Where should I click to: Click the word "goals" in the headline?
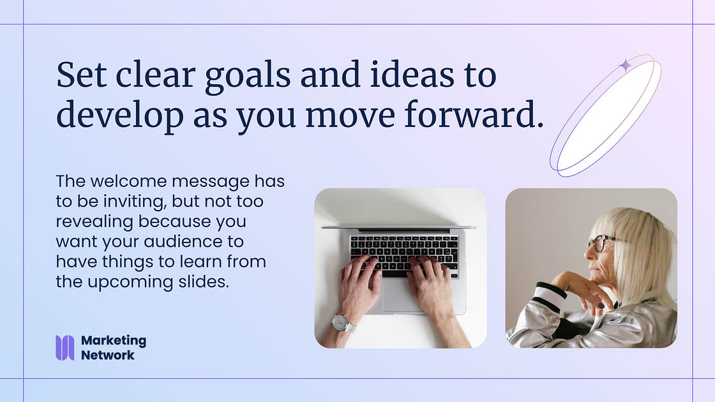[x=248, y=76]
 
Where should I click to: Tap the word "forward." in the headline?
[x=474, y=114]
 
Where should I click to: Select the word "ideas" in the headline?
[x=412, y=74]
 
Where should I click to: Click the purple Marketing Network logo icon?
[x=64, y=348]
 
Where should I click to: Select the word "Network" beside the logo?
[x=108, y=355]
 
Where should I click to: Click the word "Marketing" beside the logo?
[x=114, y=341]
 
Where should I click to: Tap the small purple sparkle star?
[x=625, y=65]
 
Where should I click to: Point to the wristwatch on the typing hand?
[x=343, y=323]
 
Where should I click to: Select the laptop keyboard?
[x=404, y=255]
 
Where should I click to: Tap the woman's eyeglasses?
[x=601, y=242]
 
